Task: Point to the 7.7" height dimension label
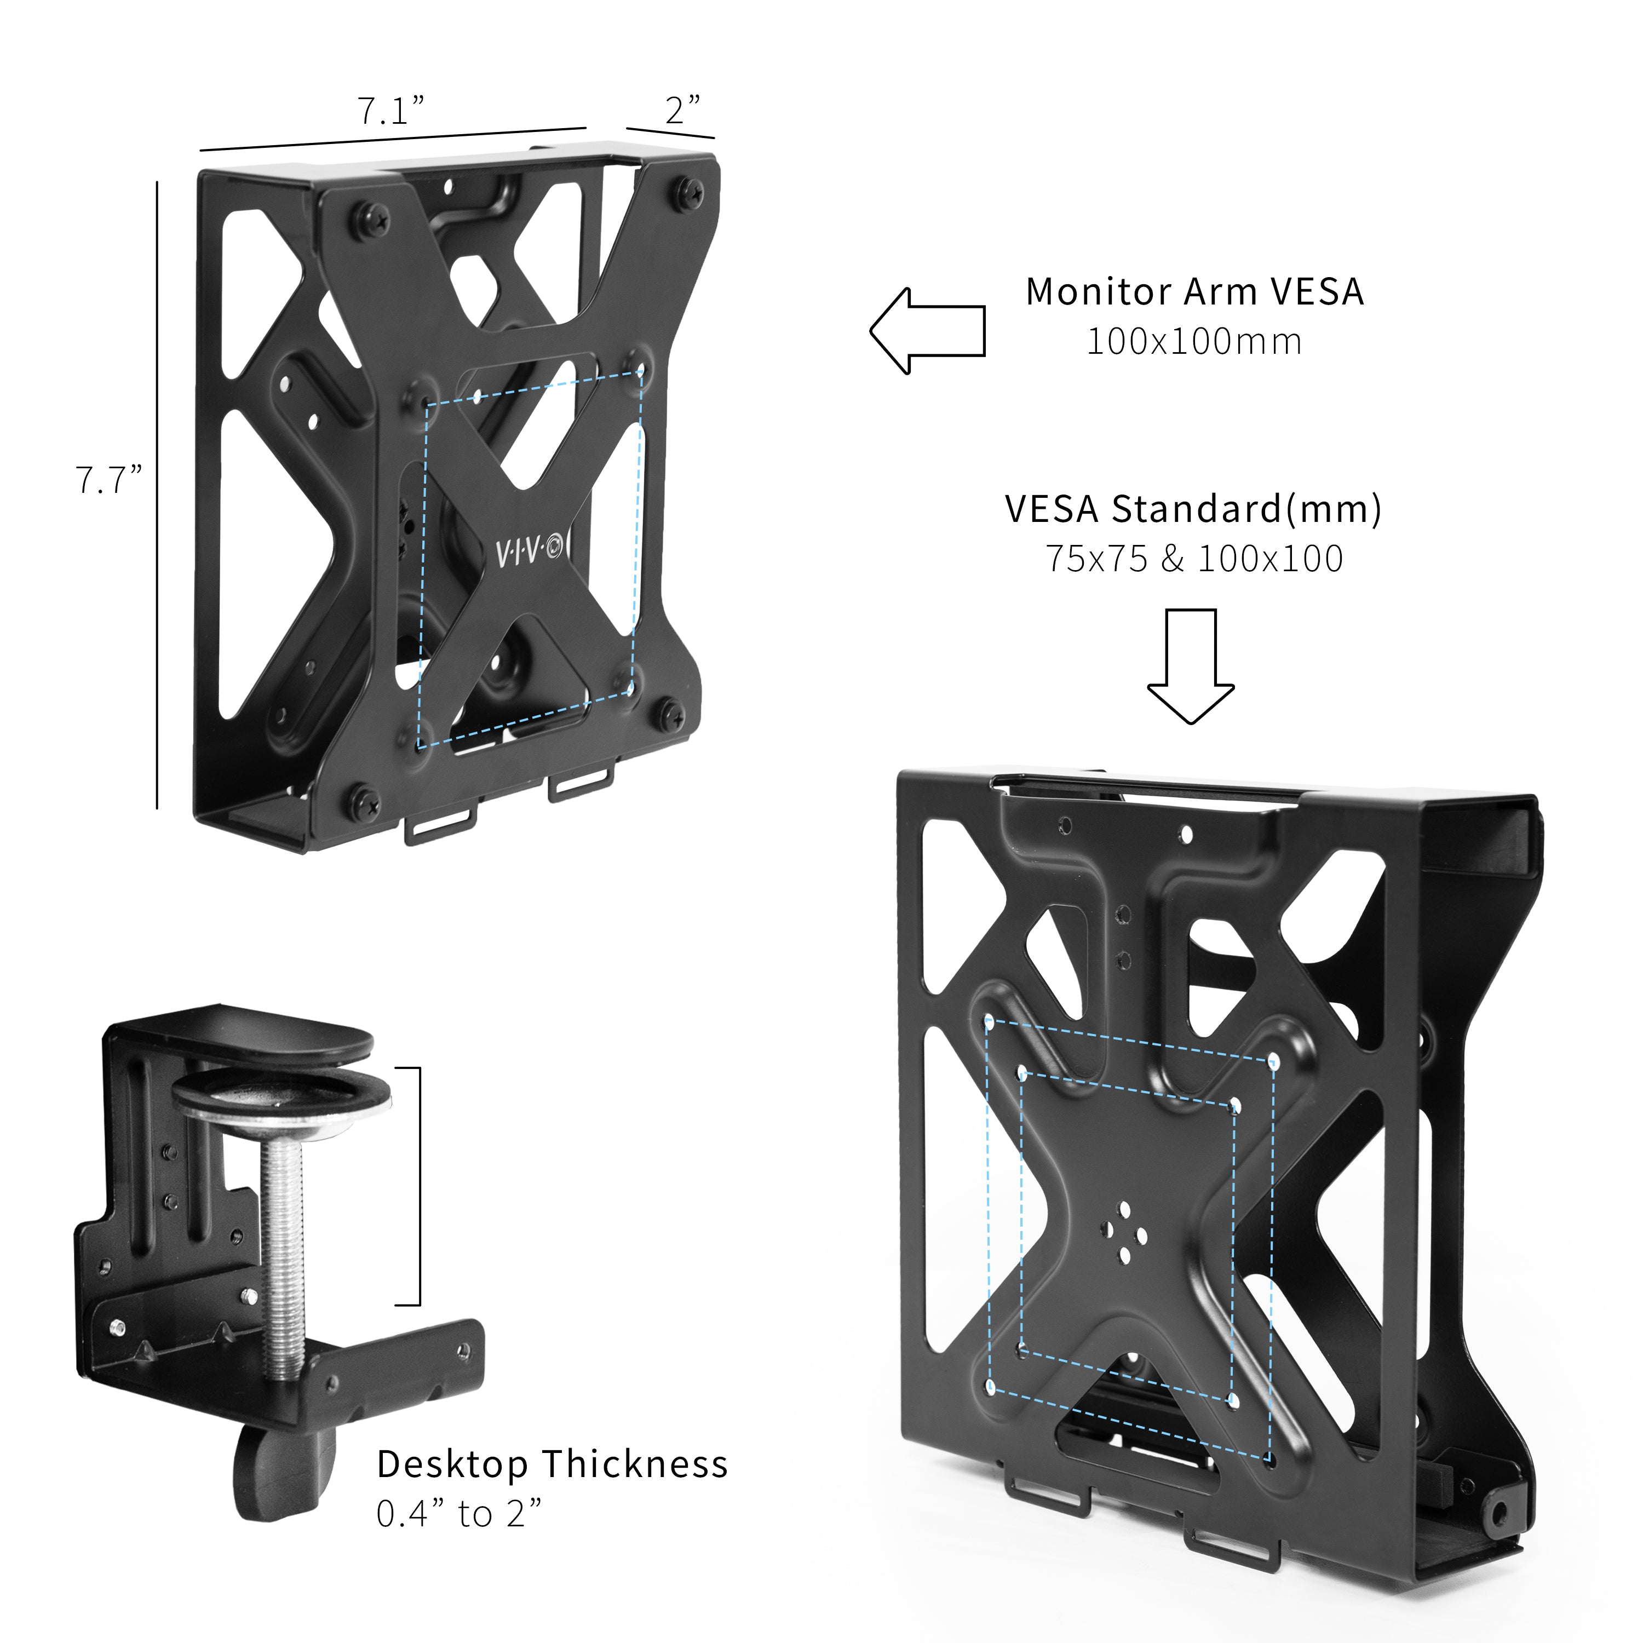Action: pyautogui.click(x=108, y=480)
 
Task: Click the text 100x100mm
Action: pyautogui.click(x=1194, y=342)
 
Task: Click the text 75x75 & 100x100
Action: pyautogui.click(x=1194, y=559)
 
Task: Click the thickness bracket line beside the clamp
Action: pyautogui.click(x=418, y=1186)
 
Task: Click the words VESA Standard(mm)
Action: pyautogui.click(x=1192, y=509)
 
